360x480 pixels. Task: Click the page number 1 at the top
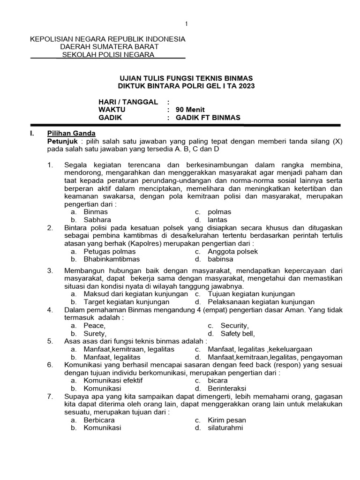pyautogui.click(x=186, y=24)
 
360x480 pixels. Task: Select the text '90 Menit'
pyautogui.click(x=190, y=110)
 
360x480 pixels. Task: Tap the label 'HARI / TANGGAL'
pyautogui.click(x=128, y=102)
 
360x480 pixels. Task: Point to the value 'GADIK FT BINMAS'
pyautogui.click(x=208, y=118)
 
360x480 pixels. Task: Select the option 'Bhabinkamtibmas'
pyautogui.click(x=112, y=259)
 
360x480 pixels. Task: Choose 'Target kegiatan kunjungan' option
pyautogui.click(x=124, y=302)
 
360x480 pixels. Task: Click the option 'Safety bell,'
pyautogui.click(x=237, y=333)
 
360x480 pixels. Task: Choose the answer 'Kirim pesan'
pyautogui.click(x=227, y=420)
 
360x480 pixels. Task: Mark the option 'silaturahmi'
pyautogui.click(x=225, y=428)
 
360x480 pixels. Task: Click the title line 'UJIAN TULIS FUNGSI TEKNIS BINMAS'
pyautogui.click(x=186, y=78)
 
